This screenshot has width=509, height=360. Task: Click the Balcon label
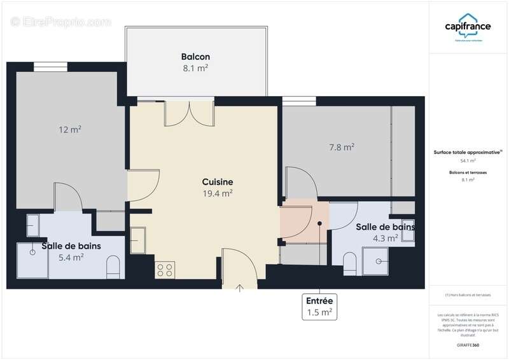pyautogui.click(x=195, y=57)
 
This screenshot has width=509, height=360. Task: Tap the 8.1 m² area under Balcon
pyautogui.click(x=195, y=68)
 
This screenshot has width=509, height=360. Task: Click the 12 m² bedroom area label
pyautogui.click(x=70, y=130)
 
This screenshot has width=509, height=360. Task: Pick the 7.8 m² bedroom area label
pyautogui.click(x=342, y=148)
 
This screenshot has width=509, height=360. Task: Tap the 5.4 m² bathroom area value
pyautogui.click(x=71, y=258)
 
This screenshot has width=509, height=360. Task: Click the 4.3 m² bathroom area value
pyautogui.click(x=386, y=239)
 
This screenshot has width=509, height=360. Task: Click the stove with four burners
pyautogui.click(x=164, y=269)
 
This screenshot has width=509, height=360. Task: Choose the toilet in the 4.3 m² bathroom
pyautogui.click(x=349, y=261)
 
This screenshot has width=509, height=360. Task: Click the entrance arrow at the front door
pyautogui.click(x=241, y=287)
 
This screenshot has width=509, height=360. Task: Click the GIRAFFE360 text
pyautogui.click(x=468, y=345)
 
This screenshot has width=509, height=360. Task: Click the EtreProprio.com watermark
pyautogui.click(x=61, y=22)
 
